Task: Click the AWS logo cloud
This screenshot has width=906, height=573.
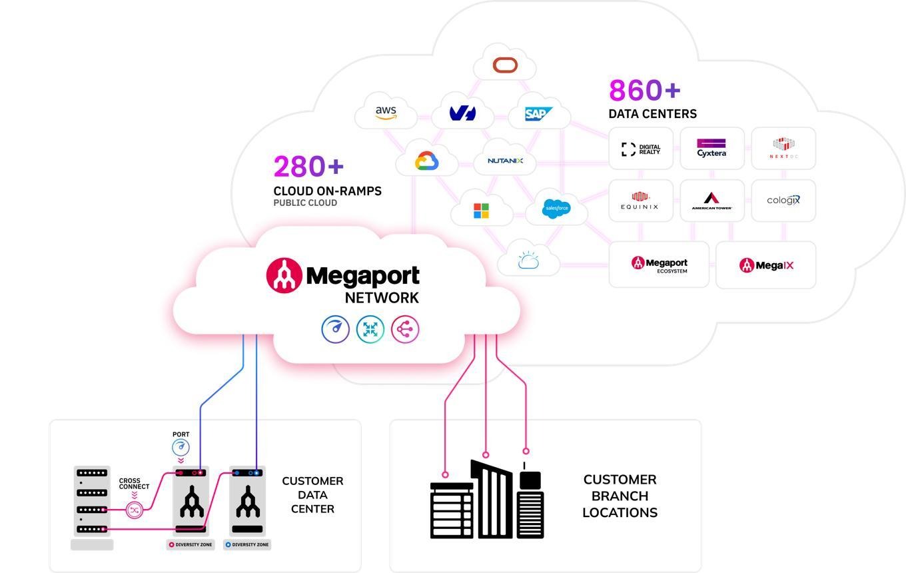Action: (386, 113)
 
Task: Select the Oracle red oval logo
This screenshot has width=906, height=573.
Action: (505, 65)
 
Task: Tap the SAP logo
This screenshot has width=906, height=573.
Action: (538, 114)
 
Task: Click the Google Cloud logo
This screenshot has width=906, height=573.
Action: (427, 161)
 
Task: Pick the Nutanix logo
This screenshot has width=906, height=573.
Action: (505, 161)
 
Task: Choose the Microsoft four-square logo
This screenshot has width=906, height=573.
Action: (481, 211)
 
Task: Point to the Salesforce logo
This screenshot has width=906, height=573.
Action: (556, 208)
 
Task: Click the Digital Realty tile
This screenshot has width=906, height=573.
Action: (641, 149)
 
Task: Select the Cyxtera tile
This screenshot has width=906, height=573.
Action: (711, 149)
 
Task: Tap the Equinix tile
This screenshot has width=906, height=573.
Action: (640, 201)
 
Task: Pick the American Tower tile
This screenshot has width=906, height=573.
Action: (711, 201)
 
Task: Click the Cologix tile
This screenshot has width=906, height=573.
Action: (783, 200)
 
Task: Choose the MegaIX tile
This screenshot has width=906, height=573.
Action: (766, 265)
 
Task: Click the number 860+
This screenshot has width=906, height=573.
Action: (644, 90)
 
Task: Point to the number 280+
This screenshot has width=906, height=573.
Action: (308, 167)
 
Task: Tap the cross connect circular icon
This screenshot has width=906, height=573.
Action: (135, 510)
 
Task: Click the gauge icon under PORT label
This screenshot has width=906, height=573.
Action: (181, 447)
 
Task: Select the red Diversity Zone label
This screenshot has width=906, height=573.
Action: (190, 544)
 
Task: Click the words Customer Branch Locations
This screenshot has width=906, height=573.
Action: (620, 496)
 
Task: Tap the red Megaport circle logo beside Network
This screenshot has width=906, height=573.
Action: (284, 275)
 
